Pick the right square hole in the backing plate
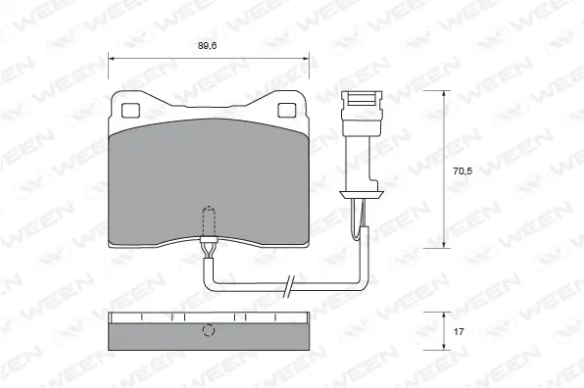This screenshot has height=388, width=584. (x=287, y=109)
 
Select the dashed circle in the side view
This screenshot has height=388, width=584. (x=208, y=330)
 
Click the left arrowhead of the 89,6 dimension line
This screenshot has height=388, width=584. (x=112, y=58)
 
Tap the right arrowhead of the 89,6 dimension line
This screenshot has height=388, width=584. (x=304, y=58)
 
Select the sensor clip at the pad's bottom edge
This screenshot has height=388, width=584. (x=208, y=245)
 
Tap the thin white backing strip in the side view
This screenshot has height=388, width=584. (x=208, y=316)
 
